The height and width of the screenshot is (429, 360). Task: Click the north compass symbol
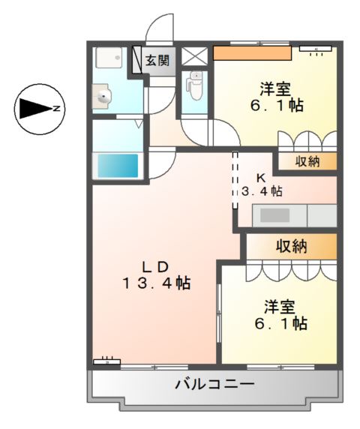36,109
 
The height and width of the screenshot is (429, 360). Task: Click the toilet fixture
195,85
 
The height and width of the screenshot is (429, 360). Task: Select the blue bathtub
118,165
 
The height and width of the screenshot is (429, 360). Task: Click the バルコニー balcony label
214,385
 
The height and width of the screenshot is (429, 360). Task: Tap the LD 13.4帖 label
156,275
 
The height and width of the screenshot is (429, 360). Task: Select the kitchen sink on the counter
274,215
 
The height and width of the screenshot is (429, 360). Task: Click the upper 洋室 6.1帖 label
277,96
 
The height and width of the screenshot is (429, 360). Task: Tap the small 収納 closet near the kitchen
307,162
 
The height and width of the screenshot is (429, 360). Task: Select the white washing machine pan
112,58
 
